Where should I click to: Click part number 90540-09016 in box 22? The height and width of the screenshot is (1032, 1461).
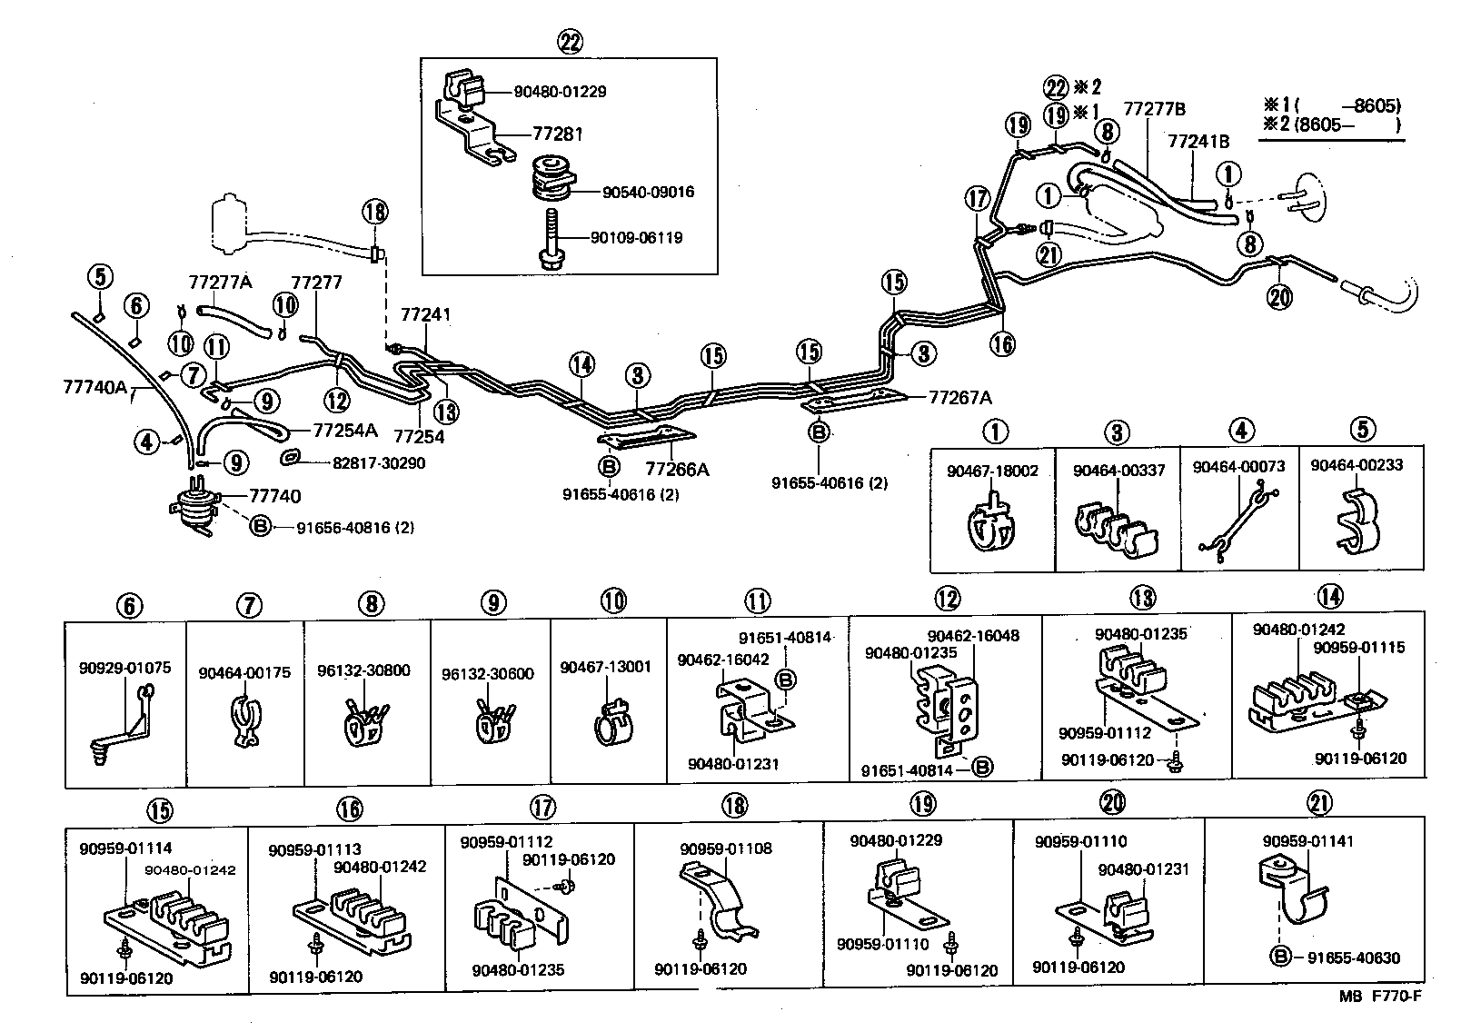tap(648, 193)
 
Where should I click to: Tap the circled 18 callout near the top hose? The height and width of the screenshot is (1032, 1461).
tap(374, 213)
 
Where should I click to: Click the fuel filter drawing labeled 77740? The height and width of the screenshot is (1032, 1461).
tap(193, 507)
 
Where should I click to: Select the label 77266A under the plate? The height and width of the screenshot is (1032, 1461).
tap(677, 470)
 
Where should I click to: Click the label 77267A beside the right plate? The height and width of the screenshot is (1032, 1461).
tap(960, 397)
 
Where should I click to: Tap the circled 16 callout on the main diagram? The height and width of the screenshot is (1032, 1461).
tap(1002, 343)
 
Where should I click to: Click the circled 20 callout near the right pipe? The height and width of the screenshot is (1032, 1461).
tap(1279, 297)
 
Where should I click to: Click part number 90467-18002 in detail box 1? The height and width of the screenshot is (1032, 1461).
tap(991, 471)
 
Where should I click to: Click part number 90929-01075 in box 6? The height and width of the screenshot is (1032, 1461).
tap(124, 668)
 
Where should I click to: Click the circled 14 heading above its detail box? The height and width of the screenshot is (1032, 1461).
tap(1329, 596)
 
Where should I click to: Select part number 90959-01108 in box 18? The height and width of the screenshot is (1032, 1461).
tap(726, 849)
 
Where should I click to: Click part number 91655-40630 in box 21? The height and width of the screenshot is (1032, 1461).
tap(1353, 958)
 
